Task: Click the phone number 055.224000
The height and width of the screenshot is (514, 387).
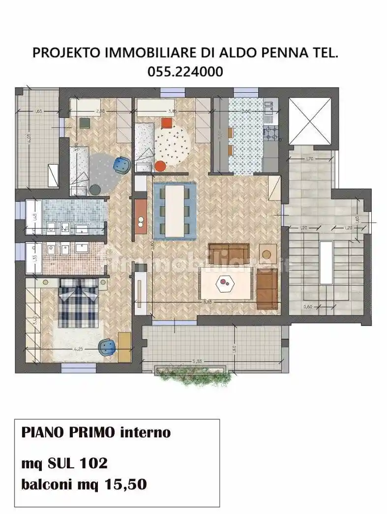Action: coord(185,72)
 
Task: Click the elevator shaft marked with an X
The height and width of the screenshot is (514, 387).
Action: coord(309,121)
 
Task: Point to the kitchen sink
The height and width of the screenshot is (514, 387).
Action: coord(269,107)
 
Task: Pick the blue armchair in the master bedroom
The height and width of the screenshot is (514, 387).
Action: coord(108,347)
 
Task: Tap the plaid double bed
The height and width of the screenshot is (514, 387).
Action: coord(78,302)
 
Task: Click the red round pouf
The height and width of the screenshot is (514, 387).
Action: coord(160,166)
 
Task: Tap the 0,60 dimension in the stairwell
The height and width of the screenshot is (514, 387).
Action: coord(308,306)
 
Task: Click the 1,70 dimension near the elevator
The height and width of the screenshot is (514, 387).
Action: coord(309,159)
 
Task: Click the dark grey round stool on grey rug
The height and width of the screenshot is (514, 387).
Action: coord(95,189)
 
